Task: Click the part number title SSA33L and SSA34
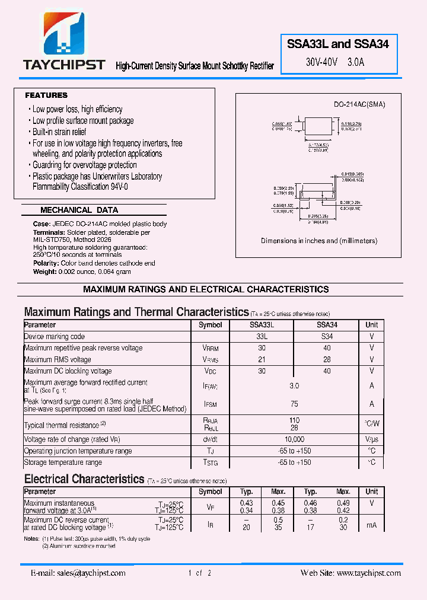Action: pyautogui.click(x=338, y=44)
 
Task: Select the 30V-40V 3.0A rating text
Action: pyautogui.click(x=335, y=62)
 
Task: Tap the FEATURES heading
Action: pyautogui.click(x=46, y=95)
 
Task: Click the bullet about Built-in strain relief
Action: pyautogui.click(x=59, y=132)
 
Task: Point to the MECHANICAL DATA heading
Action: pyautogui.click(x=79, y=210)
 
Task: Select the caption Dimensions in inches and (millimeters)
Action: pyautogui.click(x=319, y=241)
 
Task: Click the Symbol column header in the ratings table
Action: pyautogui.click(x=210, y=325)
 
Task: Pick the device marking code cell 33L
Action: pyautogui.click(x=262, y=336)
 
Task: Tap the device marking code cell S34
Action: pyautogui.click(x=327, y=336)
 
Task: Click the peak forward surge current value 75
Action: pyautogui.click(x=294, y=404)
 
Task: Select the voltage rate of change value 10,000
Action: pyautogui.click(x=294, y=439)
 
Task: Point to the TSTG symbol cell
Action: pyautogui.click(x=211, y=462)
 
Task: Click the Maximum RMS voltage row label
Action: pyautogui.click(x=58, y=359)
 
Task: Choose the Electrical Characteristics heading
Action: pyautogui.click(x=84, y=479)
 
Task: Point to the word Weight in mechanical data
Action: pyautogui.click(x=44, y=271)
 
